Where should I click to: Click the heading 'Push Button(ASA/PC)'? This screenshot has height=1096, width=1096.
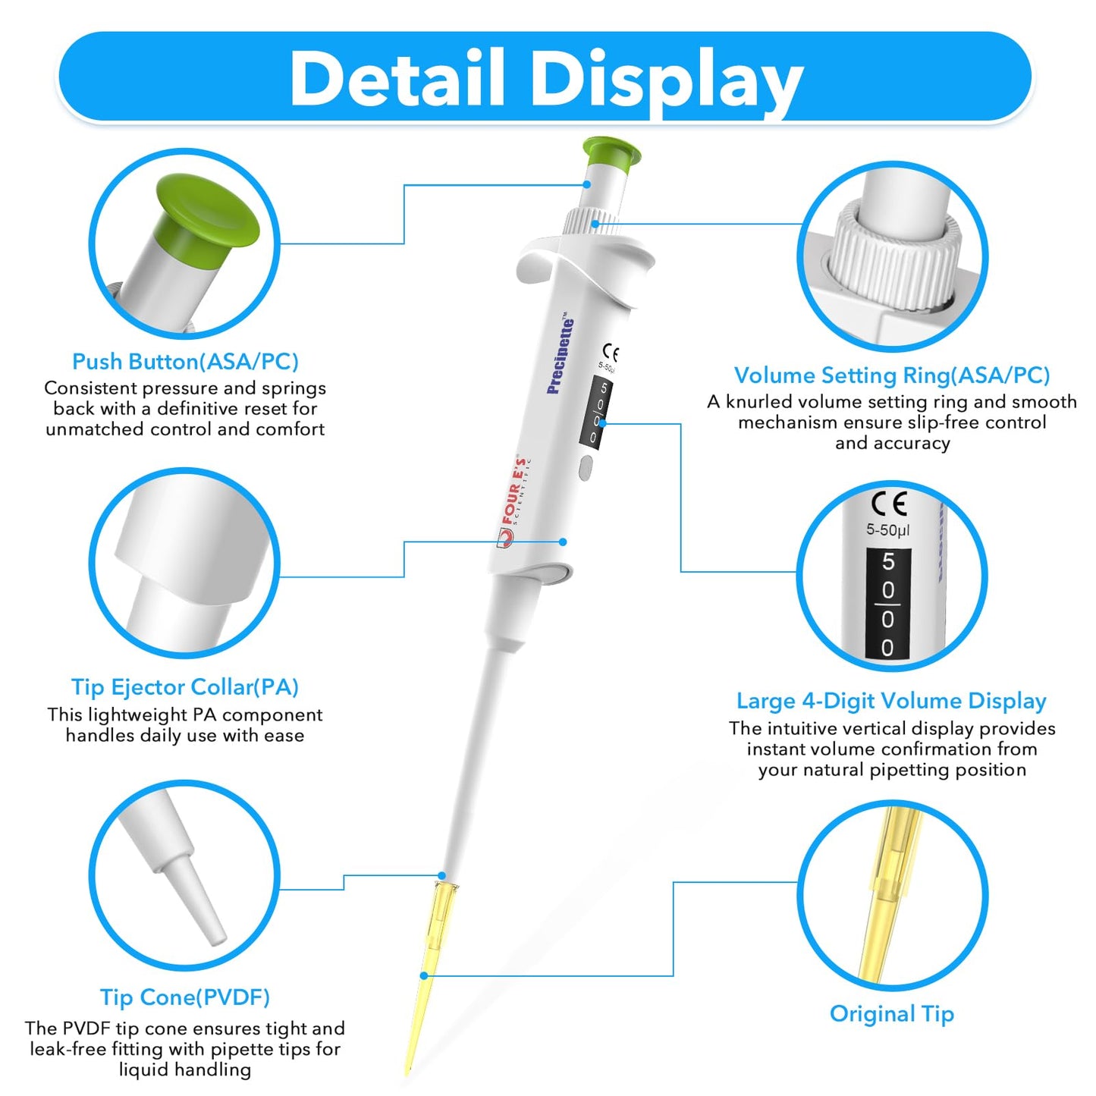(185, 362)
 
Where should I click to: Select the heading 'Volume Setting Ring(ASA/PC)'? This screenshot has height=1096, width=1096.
(892, 375)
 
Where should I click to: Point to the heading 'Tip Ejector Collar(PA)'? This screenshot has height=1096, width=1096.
(185, 687)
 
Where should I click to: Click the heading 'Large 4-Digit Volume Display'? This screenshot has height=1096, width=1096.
(891, 701)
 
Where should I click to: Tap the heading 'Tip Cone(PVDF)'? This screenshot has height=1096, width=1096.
(185, 997)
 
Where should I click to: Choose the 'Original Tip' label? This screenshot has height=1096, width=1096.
(891, 1014)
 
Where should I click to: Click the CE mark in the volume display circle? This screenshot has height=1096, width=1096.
(888, 504)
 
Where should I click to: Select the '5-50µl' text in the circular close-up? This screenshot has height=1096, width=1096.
(887, 530)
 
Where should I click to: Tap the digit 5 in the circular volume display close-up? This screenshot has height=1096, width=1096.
(888, 562)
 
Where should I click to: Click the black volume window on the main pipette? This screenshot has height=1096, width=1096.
(597, 413)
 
